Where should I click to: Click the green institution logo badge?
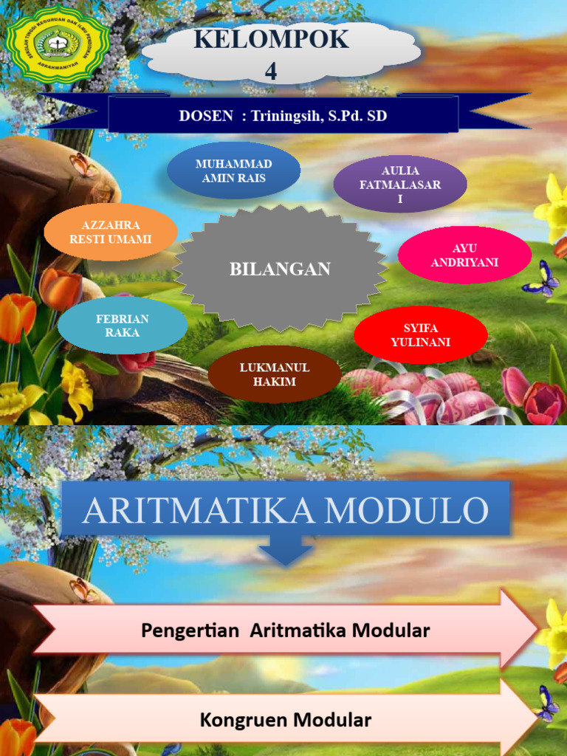pos(58,42)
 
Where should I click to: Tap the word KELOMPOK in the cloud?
pos(271,40)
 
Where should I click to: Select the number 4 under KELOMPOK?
pos(271,71)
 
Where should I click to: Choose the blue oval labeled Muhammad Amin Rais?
pos(233,171)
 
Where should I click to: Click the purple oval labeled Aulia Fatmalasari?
pos(400,185)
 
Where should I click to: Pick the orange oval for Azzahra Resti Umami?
pos(110,232)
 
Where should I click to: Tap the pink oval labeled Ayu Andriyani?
pos(464,255)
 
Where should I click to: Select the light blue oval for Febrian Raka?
pos(123,325)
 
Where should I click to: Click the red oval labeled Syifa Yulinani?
pos(420,335)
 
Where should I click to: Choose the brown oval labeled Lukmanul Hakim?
pos(274,374)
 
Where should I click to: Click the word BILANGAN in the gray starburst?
pos(280,269)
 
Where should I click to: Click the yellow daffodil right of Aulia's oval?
pos(552,207)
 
